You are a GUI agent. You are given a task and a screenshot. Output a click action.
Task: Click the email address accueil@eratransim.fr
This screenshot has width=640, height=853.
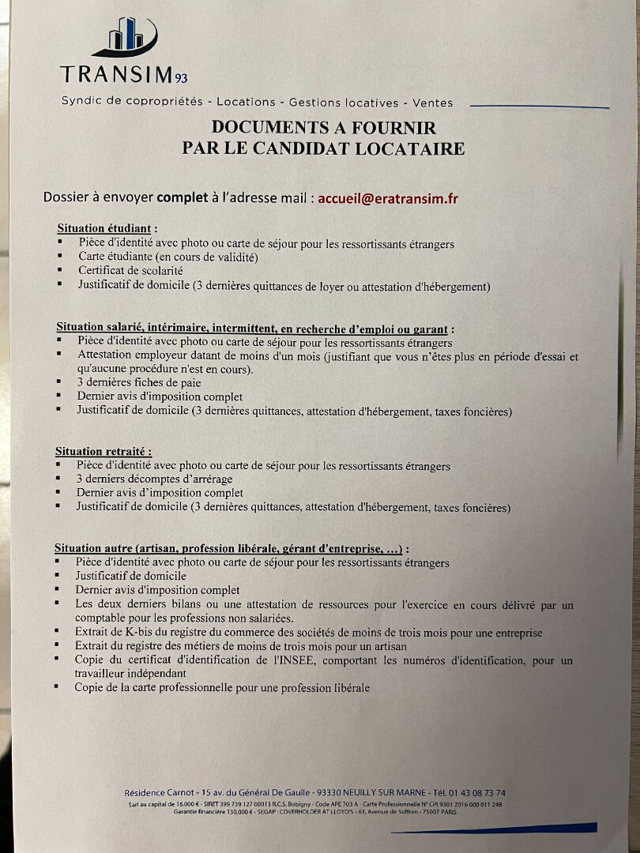(387, 198)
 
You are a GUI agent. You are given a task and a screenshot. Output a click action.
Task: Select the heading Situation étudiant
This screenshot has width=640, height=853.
(107, 229)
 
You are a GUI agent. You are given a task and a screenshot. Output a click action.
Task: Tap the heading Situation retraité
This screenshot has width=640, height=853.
(103, 452)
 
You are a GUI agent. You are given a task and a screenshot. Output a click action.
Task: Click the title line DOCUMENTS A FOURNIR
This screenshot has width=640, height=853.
(324, 127)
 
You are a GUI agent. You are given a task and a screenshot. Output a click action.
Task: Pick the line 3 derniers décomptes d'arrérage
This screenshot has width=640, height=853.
(154, 479)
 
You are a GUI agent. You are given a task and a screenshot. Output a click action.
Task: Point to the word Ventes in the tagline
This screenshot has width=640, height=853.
(432, 103)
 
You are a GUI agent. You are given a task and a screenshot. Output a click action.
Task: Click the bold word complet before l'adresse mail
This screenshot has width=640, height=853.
(182, 198)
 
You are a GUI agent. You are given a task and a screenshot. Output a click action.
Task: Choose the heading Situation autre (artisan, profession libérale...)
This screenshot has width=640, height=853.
(232, 548)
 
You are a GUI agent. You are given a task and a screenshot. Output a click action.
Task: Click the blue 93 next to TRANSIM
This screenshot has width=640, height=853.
(182, 77)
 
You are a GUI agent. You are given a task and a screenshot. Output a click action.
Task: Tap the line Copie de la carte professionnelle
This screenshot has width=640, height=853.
(222, 688)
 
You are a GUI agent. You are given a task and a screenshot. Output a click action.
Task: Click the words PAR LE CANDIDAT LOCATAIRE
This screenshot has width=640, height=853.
(323, 148)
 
